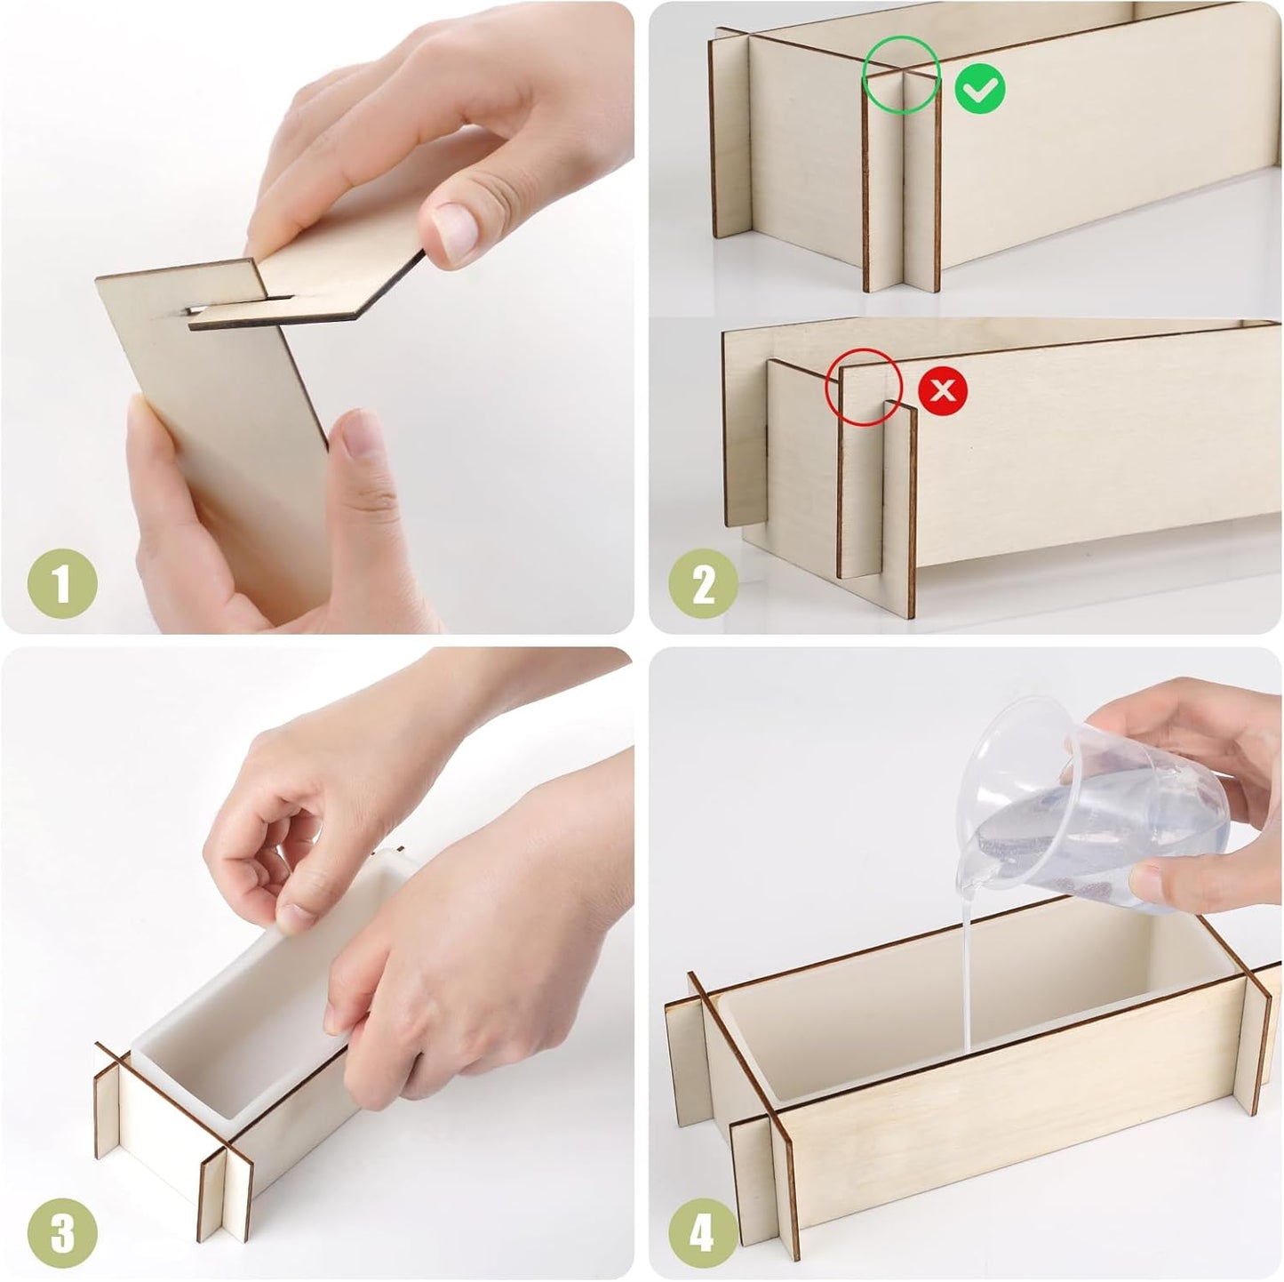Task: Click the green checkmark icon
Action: point(981,88)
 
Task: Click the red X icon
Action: point(944,389)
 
